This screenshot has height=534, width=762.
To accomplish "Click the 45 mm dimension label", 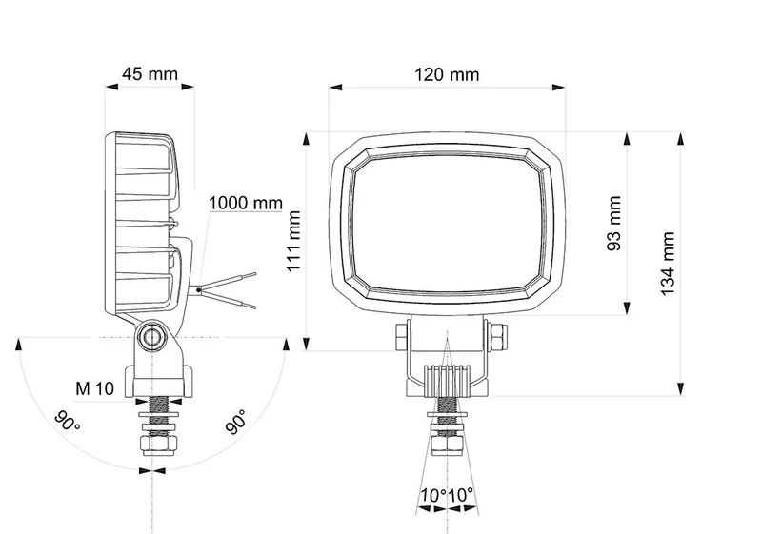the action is click(150, 74).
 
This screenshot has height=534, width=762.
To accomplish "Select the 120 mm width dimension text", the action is click(447, 75).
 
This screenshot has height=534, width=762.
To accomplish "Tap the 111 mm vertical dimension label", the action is click(294, 241).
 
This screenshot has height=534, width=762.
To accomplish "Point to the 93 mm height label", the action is click(614, 224).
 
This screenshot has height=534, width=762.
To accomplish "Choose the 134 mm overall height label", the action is click(668, 264).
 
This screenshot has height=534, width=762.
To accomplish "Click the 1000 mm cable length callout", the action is click(246, 203).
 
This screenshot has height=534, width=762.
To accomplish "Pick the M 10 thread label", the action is click(94, 388).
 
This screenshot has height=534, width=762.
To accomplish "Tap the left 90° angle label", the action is click(67, 421).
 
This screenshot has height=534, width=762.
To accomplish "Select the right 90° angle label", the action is click(236, 422).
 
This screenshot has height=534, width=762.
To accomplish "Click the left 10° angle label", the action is click(433, 496).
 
